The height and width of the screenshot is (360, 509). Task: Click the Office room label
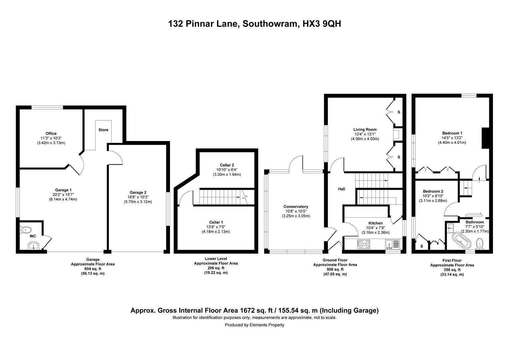(51, 134)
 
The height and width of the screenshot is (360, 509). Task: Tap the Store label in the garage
(103, 130)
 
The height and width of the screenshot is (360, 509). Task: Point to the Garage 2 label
(138, 192)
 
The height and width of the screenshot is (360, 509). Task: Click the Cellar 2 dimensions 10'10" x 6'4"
(227, 170)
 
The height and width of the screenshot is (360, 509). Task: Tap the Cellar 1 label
(216, 222)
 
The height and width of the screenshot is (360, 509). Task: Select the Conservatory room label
(295, 207)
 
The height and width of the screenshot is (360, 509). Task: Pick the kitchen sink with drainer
(392, 245)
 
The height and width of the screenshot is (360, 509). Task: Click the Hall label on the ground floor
(341, 189)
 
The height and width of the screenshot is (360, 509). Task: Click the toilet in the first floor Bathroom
(480, 243)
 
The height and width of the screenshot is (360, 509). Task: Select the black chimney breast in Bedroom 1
(485, 138)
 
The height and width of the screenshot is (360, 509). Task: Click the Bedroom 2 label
(433, 191)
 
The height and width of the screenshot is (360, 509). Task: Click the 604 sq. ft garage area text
(93, 269)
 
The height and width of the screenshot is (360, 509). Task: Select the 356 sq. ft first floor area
(452, 270)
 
